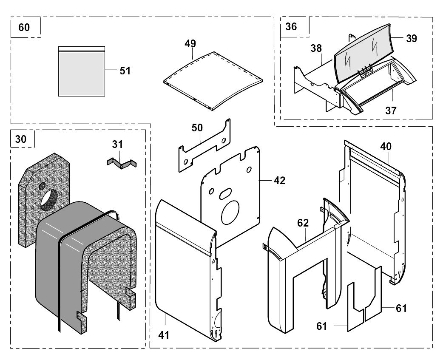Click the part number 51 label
coord(125,71)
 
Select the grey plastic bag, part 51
coord(81,71)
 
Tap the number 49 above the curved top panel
coord(190,43)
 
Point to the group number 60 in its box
coord(24,27)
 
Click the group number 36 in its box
coord(291,26)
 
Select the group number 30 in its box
coord(21,139)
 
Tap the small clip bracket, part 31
coord(121,164)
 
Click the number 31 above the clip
coord(117,144)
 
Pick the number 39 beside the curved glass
coord(412,38)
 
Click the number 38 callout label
coord(316,48)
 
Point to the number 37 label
coord(391,111)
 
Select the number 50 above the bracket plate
coord(197,128)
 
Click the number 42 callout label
coord(279,180)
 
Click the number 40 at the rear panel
coord(386,146)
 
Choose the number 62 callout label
coord(303,223)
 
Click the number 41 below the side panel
coord(164,335)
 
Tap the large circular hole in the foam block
coord(49,200)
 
